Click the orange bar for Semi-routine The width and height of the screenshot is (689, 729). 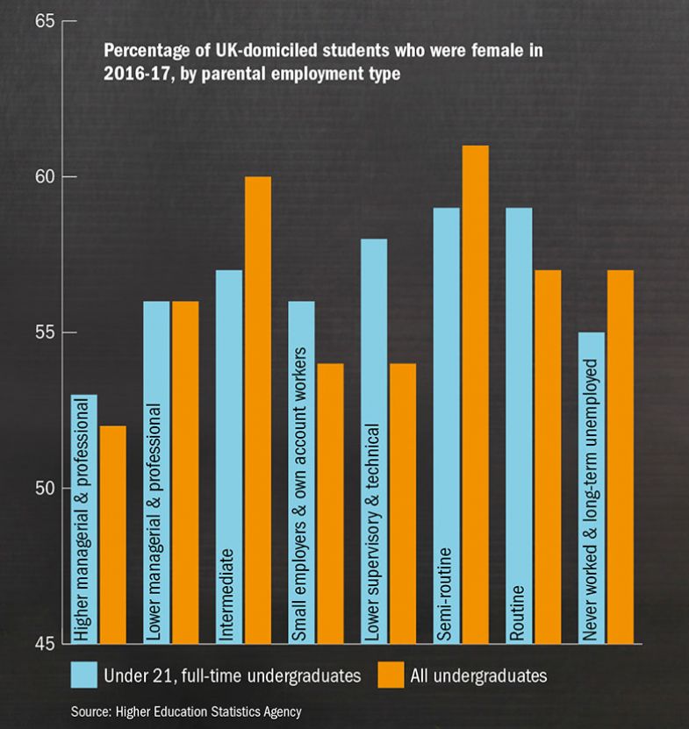point(475,394)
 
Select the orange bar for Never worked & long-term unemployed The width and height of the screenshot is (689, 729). point(619,456)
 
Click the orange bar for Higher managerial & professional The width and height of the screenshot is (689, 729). point(112,534)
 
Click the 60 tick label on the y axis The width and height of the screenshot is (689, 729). point(45,176)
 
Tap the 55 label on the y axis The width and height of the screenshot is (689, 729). point(45,332)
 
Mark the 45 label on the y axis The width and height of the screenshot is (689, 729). point(45,644)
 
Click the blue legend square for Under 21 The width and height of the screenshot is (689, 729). point(83,675)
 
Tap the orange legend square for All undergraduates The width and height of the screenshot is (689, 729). point(390,675)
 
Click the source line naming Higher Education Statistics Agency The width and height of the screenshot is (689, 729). point(185,711)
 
